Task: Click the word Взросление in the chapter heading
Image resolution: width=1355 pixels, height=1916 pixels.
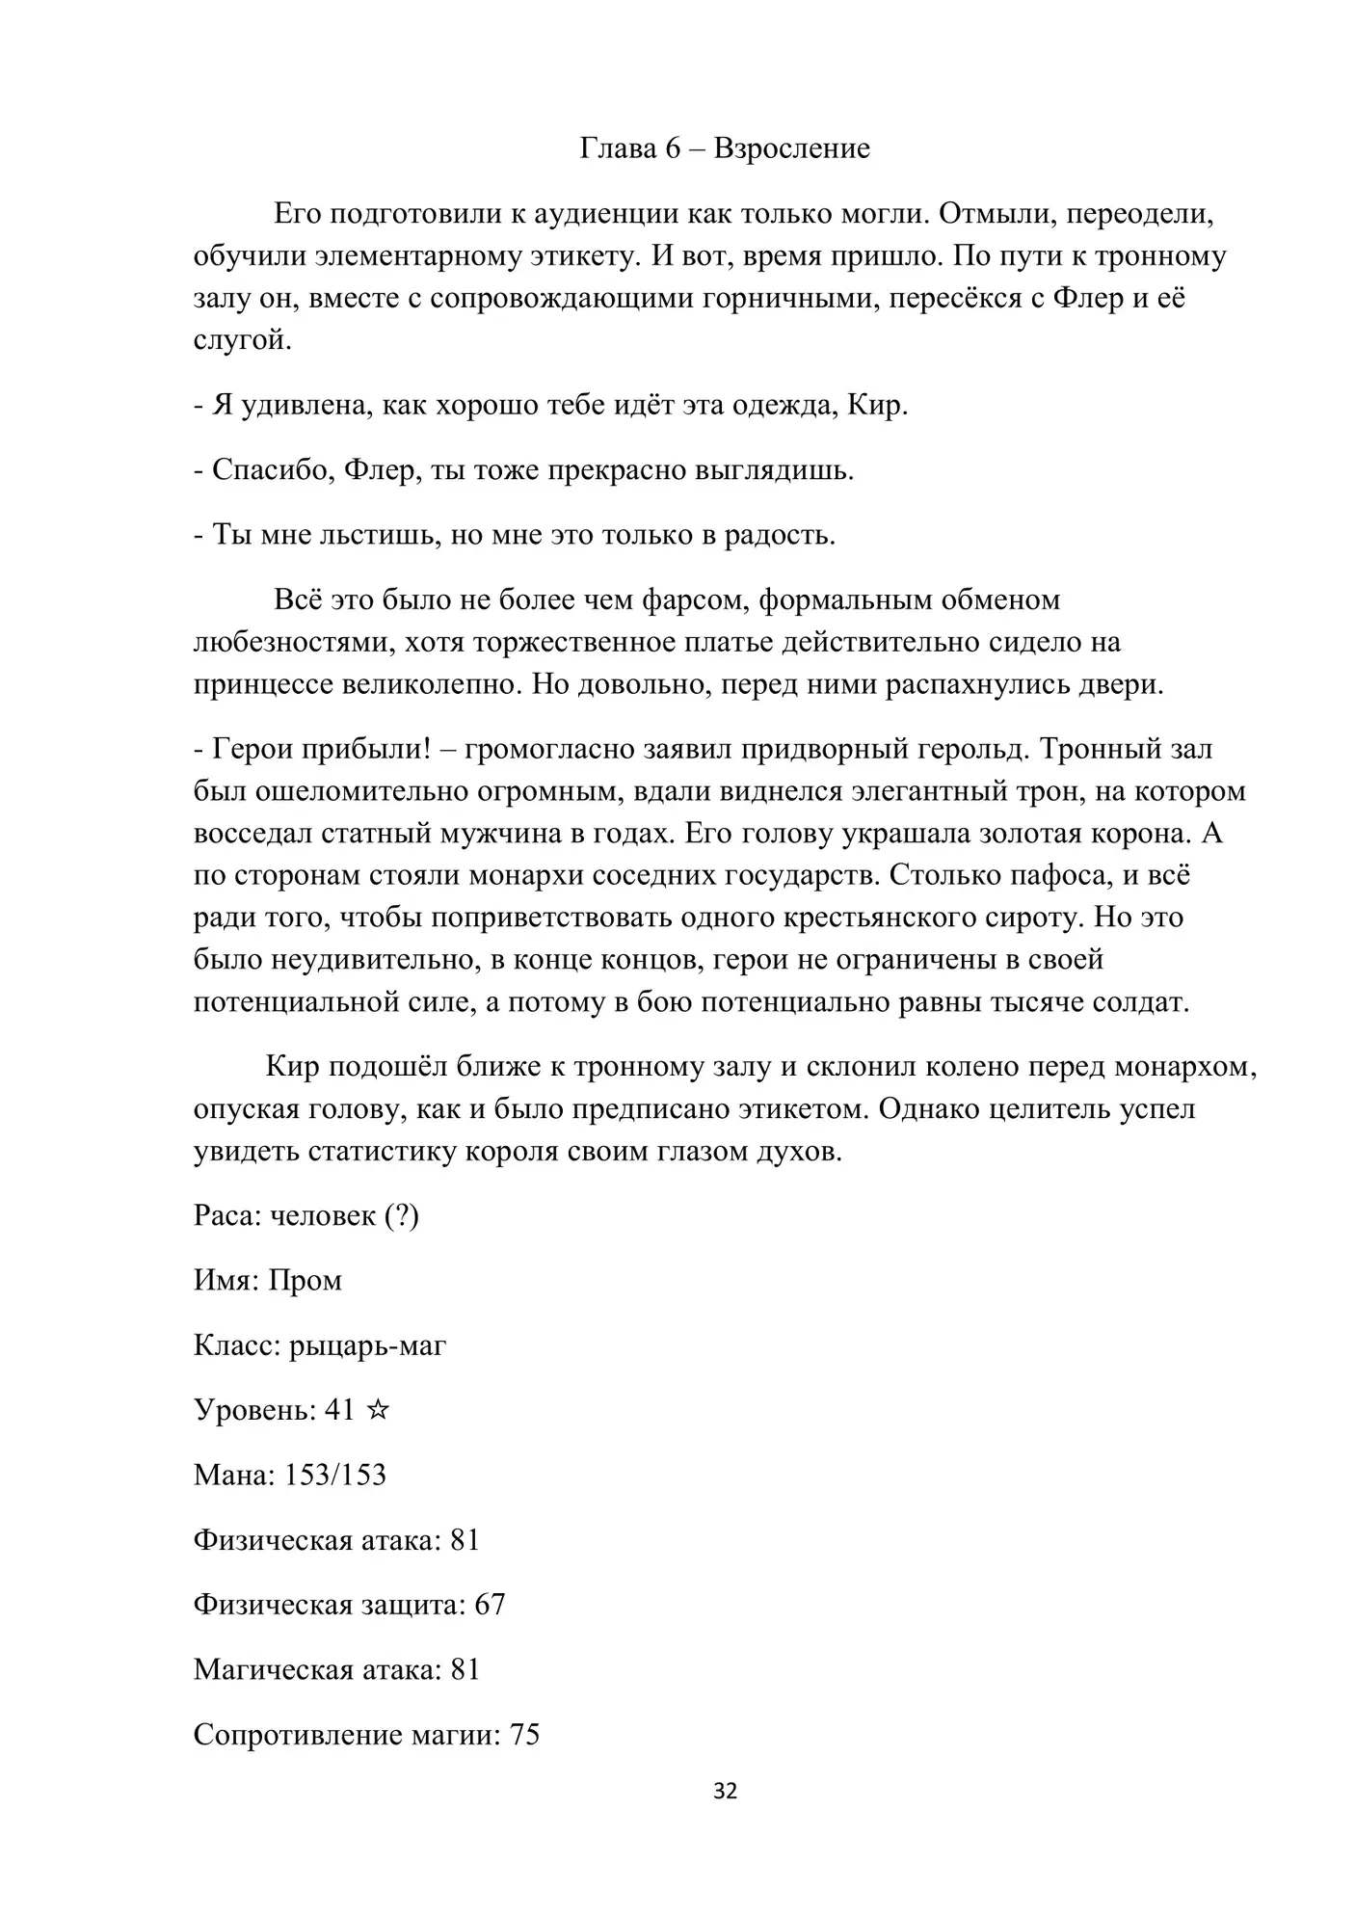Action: tap(791, 148)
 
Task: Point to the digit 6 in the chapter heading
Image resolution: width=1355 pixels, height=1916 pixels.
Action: tap(673, 148)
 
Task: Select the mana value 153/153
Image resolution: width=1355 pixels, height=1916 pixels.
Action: tap(334, 1475)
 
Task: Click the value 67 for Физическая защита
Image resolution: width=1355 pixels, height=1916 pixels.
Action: tap(490, 1605)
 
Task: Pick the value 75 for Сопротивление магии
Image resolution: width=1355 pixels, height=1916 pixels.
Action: tap(523, 1735)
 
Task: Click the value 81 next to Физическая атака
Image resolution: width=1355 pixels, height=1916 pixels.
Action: tap(465, 1540)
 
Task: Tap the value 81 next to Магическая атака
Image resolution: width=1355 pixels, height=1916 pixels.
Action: tap(465, 1670)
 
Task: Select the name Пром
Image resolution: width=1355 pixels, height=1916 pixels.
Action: tap(305, 1280)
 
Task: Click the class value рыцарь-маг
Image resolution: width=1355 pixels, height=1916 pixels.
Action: tap(367, 1344)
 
